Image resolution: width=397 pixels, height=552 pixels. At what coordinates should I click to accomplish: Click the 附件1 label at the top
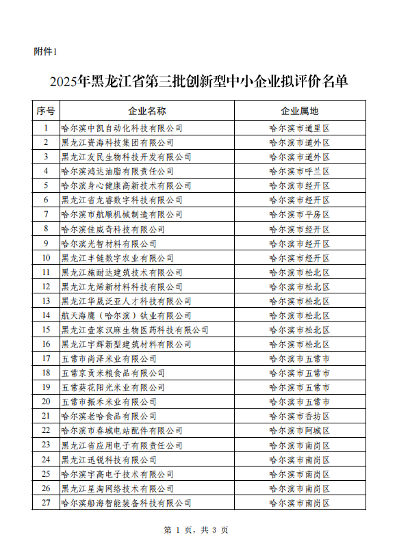pyautogui.click(x=46, y=51)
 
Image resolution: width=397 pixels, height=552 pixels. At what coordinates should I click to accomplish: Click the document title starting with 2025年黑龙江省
pyautogui.click(x=198, y=82)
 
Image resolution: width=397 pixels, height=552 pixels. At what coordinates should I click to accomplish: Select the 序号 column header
pyautogui.click(x=46, y=110)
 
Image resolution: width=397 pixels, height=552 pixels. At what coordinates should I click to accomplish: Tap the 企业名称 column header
pyautogui.click(x=146, y=110)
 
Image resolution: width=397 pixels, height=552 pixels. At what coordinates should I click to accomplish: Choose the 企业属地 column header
pyautogui.click(x=299, y=110)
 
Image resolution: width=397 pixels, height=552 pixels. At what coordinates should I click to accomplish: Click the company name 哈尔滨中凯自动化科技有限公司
pyautogui.click(x=122, y=128)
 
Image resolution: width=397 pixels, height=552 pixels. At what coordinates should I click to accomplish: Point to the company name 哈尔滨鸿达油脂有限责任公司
pyautogui.click(x=117, y=171)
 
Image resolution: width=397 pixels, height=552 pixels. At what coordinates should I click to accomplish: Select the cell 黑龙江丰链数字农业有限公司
pyautogui.click(x=117, y=258)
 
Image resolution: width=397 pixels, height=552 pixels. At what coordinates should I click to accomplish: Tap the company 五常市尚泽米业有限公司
pyautogui.click(x=109, y=358)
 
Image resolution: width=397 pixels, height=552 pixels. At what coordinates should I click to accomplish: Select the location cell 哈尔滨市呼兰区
pyautogui.click(x=299, y=171)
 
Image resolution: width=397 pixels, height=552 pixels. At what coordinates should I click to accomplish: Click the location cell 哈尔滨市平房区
pyautogui.click(x=299, y=214)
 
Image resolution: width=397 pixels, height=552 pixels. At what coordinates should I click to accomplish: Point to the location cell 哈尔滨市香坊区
pyautogui.click(x=299, y=416)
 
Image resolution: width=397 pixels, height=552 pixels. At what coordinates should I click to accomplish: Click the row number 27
pyautogui.click(x=46, y=503)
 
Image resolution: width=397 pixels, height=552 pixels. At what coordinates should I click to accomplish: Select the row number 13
pyautogui.click(x=46, y=301)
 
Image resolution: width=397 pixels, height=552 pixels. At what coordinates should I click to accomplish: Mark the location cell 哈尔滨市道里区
pyautogui.click(x=299, y=128)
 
